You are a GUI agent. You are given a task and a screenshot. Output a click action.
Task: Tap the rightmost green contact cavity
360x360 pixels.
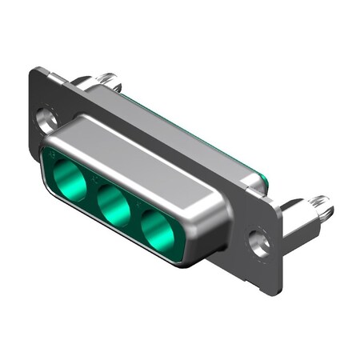tap(158, 231)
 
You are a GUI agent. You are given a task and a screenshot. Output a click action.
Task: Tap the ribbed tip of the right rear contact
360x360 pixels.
tap(322, 207)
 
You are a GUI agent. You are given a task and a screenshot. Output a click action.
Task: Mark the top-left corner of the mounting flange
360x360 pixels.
tap(36, 70)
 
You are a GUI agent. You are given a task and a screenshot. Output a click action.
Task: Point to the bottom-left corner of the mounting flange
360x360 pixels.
tap(32, 144)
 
